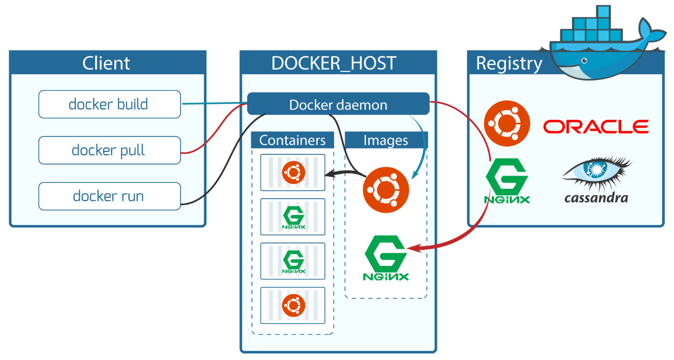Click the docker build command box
[x=109, y=104]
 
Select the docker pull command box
[x=109, y=150]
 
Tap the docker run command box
[x=109, y=196]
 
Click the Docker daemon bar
[x=338, y=104]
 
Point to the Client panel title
[x=106, y=63]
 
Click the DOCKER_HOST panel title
[x=334, y=63]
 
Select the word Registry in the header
[x=509, y=64]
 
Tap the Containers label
[x=292, y=140]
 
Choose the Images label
[x=385, y=140]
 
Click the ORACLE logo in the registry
[x=596, y=126]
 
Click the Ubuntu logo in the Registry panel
[x=507, y=124]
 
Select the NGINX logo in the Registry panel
[x=507, y=181]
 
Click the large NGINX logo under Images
[x=386, y=258]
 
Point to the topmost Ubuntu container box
[x=293, y=172]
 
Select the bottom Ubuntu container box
[x=293, y=305]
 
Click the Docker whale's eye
[x=584, y=61]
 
